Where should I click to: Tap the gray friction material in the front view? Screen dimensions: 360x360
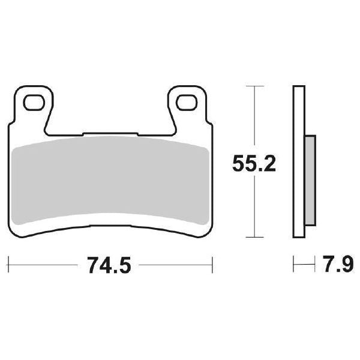tap(111, 180)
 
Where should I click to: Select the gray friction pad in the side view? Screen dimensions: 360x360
tap(310, 180)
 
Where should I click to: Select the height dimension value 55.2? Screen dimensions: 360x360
tap(254, 163)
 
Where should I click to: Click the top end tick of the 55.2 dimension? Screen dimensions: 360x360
tap(256, 87)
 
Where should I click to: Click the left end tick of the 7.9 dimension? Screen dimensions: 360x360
tap(293, 263)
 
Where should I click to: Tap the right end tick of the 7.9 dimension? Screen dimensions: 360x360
tap(315, 263)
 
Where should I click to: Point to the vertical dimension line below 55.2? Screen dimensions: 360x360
tap(256, 207)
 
